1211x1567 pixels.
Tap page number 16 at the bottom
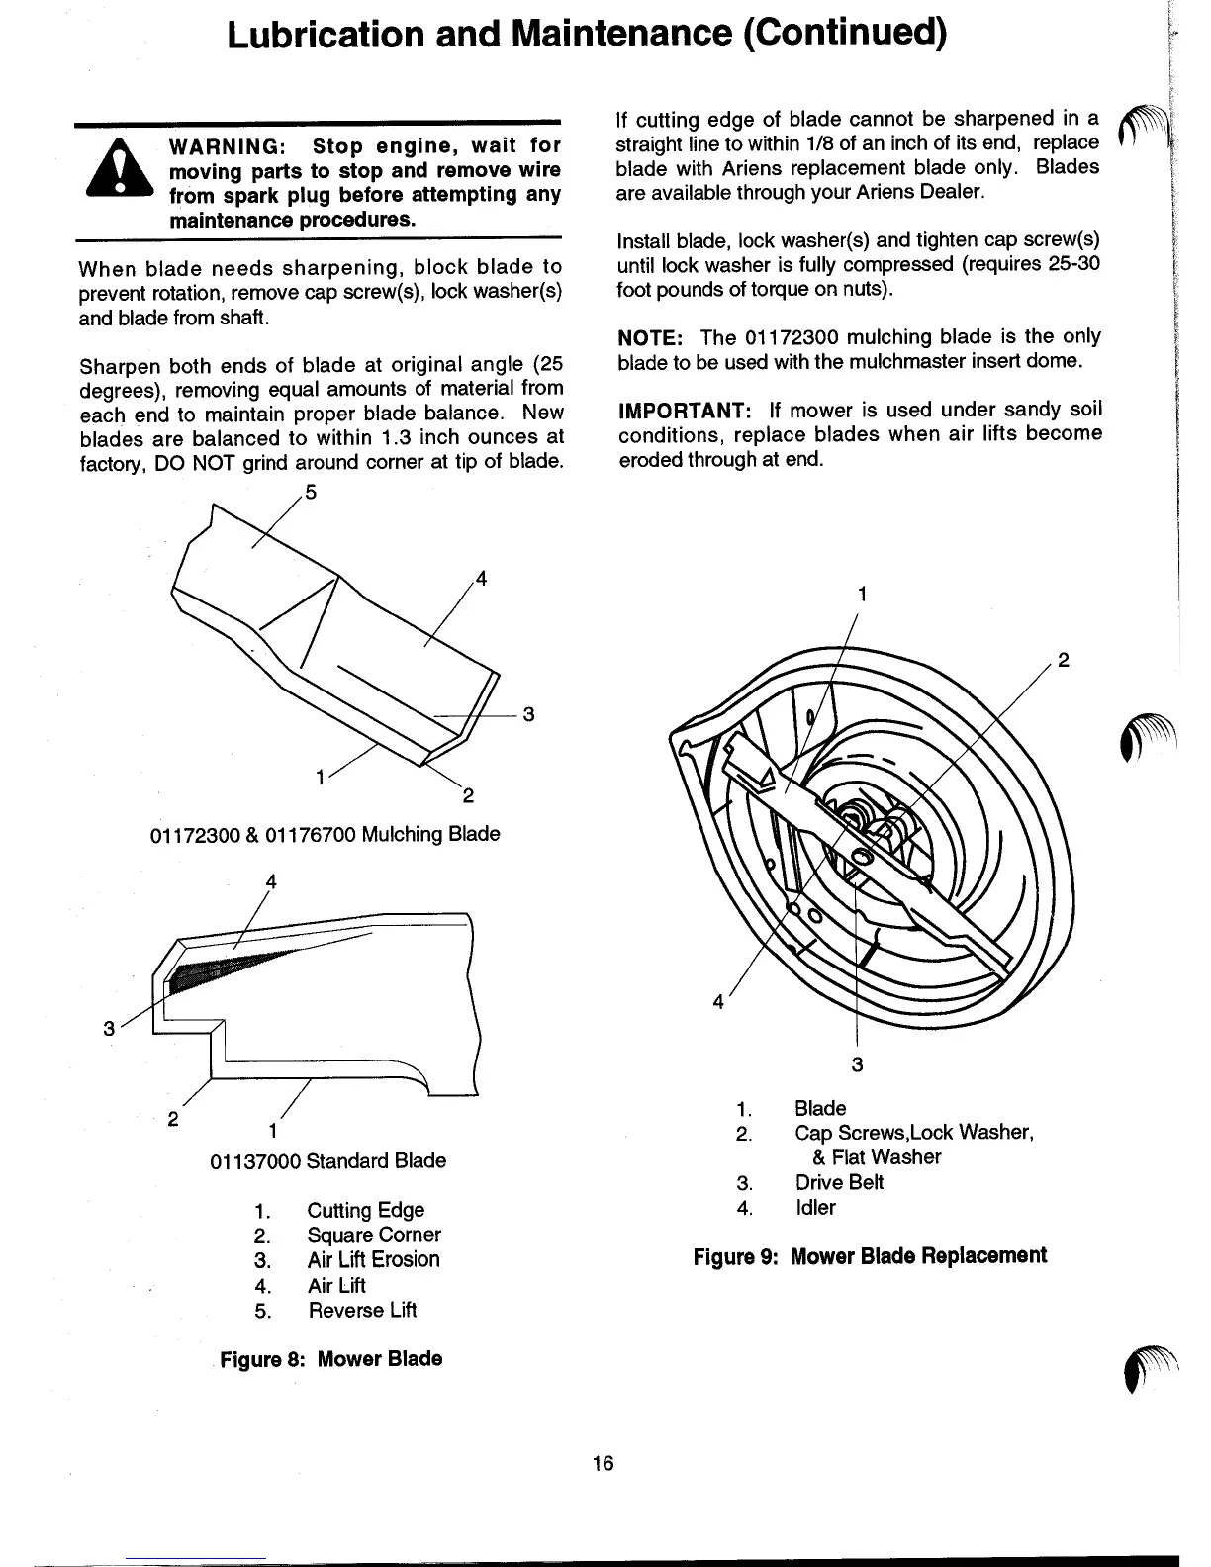(x=604, y=1463)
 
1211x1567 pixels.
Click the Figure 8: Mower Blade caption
(x=330, y=1358)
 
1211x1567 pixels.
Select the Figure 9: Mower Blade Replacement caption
(x=870, y=1256)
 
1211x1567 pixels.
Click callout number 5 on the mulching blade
(x=311, y=493)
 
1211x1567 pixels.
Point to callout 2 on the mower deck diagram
(x=1064, y=661)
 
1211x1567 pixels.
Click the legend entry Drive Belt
(x=839, y=1182)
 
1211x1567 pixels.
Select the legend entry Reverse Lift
(x=362, y=1310)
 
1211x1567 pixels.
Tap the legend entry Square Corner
(x=374, y=1235)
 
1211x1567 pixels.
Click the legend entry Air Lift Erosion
(x=373, y=1259)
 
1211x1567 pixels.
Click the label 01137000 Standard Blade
(x=327, y=1160)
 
